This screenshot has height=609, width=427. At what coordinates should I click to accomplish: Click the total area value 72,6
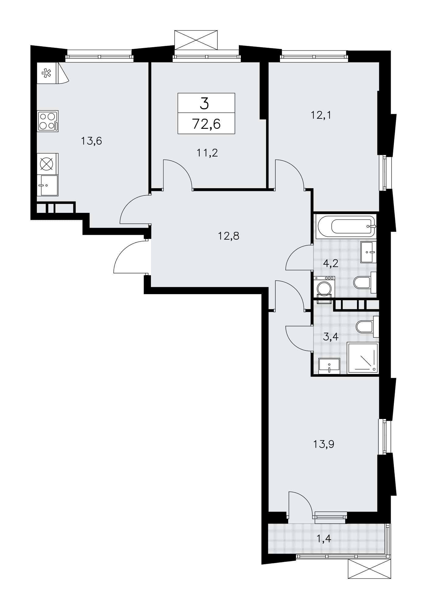pyautogui.click(x=206, y=124)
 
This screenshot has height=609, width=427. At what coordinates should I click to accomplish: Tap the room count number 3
pyautogui.click(x=205, y=104)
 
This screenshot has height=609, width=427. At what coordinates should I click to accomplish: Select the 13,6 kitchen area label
pyautogui.click(x=91, y=141)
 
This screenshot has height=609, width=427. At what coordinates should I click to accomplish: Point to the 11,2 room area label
pyautogui.click(x=207, y=153)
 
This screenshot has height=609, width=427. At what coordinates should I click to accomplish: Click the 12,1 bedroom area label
pyautogui.click(x=320, y=115)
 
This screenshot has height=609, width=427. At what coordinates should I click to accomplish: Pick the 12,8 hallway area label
pyautogui.click(x=229, y=236)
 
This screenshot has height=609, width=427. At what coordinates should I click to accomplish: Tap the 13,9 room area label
pyautogui.click(x=324, y=444)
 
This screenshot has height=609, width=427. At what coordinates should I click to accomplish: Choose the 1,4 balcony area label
pyautogui.click(x=324, y=539)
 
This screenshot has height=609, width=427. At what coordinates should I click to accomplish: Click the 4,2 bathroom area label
pyautogui.click(x=331, y=263)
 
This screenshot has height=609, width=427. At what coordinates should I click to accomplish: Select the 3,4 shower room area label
pyautogui.click(x=331, y=337)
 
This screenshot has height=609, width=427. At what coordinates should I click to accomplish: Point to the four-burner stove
pyautogui.click(x=48, y=121)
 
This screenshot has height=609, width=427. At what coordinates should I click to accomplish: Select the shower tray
pyautogui.click(x=362, y=358)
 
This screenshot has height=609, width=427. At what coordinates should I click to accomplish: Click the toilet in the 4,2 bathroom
pyautogui.click(x=365, y=283)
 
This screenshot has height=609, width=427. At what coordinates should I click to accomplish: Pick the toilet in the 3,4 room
pyautogui.click(x=367, y=327)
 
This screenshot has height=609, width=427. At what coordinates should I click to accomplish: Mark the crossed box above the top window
pyautogui.click(x=196, y=40)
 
